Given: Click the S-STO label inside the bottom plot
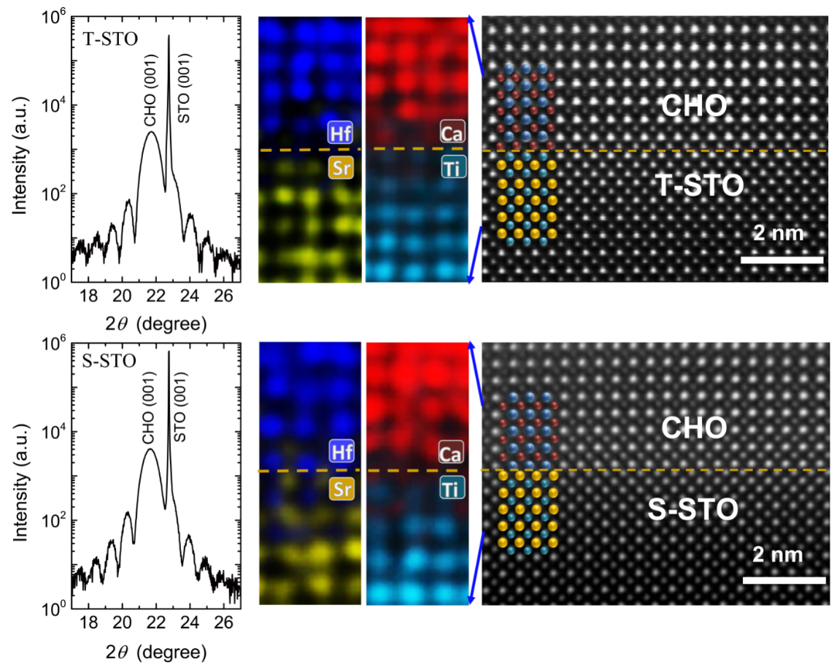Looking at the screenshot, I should (109, 361).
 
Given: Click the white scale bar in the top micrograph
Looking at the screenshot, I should (782, 260).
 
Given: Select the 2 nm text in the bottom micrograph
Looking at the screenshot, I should (778, 555).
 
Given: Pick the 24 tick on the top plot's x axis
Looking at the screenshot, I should (190, 296).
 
